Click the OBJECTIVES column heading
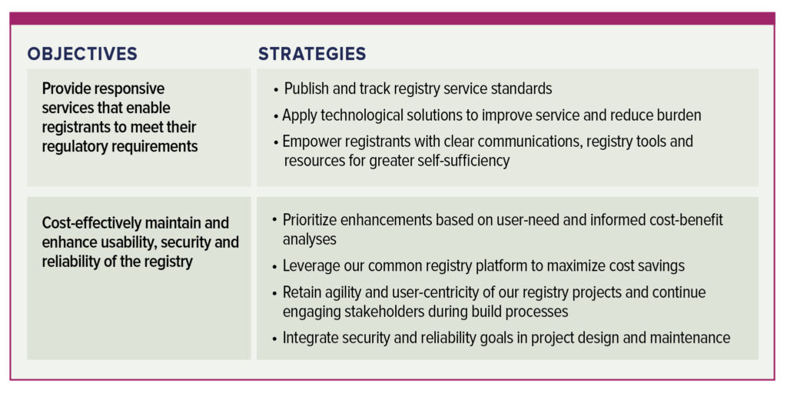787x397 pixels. coord(82,54)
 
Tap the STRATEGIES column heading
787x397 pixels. coord(312,54)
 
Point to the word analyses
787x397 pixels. coord(310,239)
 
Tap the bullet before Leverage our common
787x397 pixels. coord(274,267)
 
